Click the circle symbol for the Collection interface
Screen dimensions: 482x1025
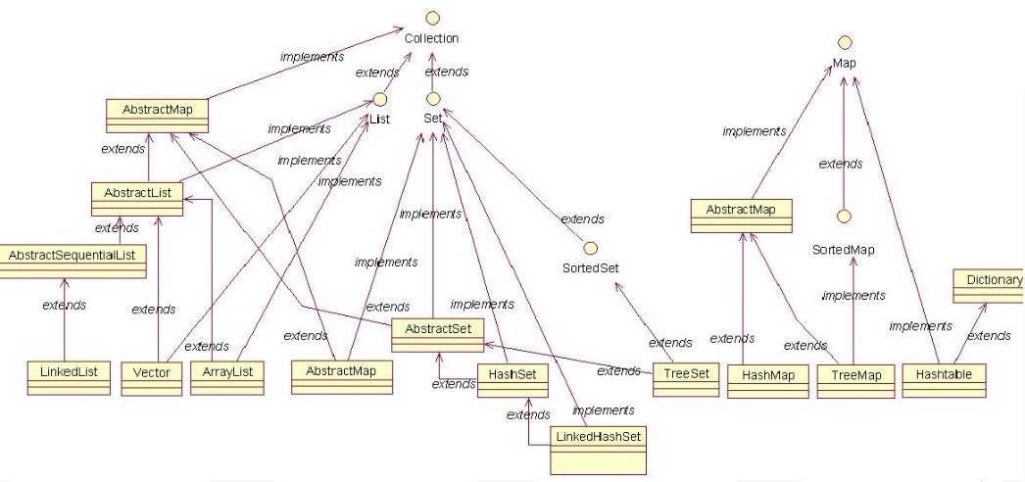tap(432, 19)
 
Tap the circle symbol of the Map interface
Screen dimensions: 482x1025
tap(844, 43)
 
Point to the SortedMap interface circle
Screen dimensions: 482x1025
tap(842, 215)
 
